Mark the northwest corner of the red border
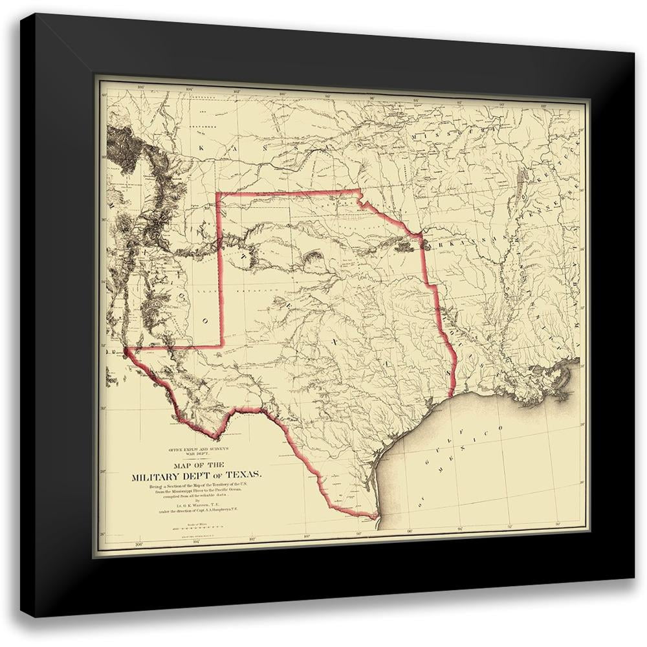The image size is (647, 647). point(217,193)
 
